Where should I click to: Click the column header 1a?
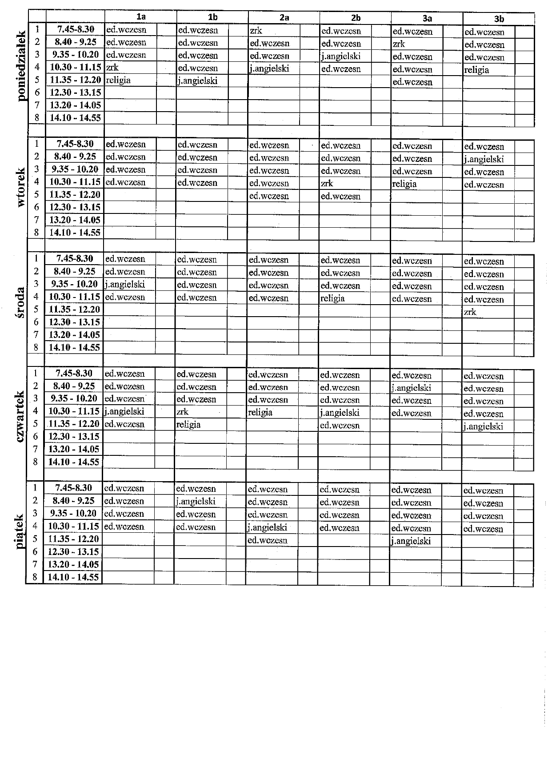141,17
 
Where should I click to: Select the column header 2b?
356,18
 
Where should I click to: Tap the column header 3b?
499,19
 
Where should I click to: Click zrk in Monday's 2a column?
256,31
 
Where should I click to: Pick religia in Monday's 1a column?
118,80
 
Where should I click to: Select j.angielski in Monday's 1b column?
198,81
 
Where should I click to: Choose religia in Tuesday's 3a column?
404,184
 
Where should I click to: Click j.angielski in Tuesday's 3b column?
484,159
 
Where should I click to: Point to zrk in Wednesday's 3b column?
470,312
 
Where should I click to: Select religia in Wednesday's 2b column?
332,298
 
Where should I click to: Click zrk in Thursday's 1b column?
182,412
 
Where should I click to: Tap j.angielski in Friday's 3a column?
411,541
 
